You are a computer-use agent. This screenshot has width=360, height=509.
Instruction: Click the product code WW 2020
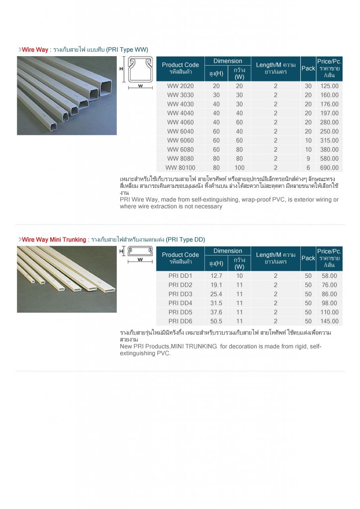180,86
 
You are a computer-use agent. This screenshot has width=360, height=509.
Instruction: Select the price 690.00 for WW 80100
329,168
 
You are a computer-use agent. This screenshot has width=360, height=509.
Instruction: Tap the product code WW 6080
180,150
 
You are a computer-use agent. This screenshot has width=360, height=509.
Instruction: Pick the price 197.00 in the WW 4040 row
329,113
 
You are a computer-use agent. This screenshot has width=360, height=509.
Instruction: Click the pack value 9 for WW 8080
308,159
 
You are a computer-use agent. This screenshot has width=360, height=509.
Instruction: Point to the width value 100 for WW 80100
239,168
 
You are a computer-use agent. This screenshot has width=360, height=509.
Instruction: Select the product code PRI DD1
180,276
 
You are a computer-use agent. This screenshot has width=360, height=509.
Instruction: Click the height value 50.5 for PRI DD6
216,321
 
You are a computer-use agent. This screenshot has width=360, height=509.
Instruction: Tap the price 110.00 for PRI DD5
329,312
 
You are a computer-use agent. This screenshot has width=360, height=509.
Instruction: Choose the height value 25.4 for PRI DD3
216,294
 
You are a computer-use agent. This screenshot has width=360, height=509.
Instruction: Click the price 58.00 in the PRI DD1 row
329,276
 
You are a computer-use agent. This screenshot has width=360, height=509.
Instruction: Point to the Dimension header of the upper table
228,61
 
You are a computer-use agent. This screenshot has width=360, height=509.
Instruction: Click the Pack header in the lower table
308,258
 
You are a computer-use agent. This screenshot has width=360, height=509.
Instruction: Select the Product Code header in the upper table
180,68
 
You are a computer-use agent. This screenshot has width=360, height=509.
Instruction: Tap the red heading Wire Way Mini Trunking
54,240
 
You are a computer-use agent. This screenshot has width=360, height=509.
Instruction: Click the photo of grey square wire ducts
67,95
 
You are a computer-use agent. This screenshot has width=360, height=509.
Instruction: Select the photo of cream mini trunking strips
67,279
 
